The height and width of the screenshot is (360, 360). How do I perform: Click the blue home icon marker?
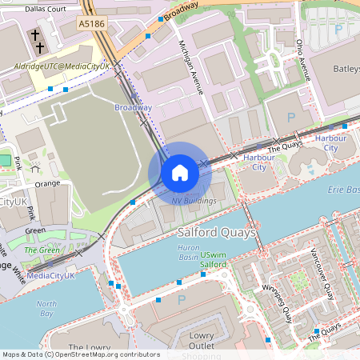point(180,173)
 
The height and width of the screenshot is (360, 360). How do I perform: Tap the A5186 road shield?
point(92,25)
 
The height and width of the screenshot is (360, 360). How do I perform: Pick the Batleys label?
point(342,66)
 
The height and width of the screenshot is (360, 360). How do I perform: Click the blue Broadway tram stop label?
point(133,107)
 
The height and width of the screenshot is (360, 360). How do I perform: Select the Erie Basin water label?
point(343,190)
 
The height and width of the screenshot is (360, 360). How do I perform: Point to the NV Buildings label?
point(194,200)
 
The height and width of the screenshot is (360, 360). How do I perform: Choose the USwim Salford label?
point(214,258)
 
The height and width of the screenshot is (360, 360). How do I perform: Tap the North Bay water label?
point(46,308)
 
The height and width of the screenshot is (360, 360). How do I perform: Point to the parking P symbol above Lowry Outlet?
point(182,300)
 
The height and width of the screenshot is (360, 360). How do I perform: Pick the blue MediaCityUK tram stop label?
point(50,275)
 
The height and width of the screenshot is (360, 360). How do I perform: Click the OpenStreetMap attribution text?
point(80,354)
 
